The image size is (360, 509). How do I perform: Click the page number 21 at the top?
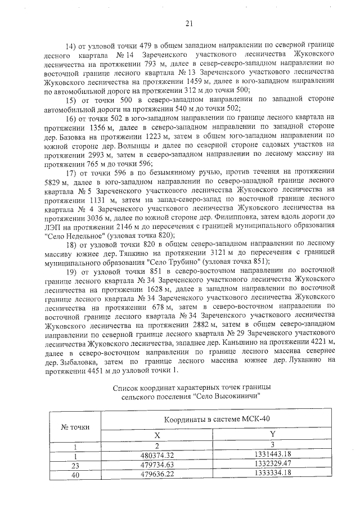point(188,23)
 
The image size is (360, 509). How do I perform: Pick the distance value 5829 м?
point(55,181)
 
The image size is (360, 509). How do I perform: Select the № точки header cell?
point(75,426)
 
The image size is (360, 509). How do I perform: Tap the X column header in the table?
point(157,435)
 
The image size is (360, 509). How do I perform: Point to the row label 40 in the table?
point(75,472)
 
